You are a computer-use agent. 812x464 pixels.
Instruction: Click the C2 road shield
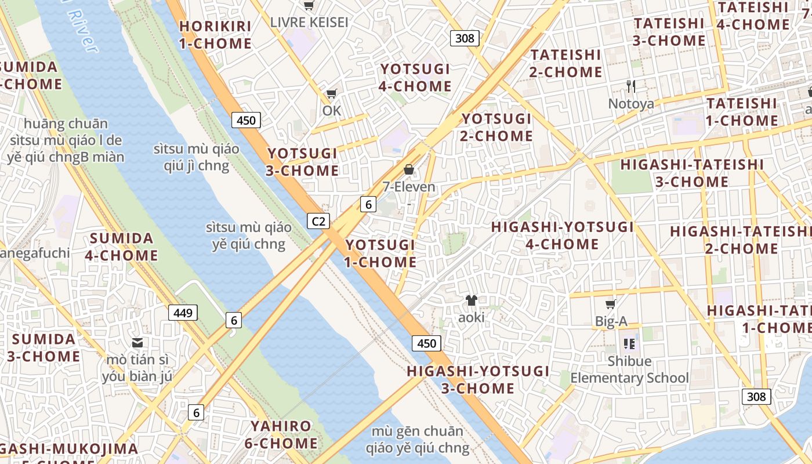point(318,221)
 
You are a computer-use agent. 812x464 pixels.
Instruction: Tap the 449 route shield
point(183,313)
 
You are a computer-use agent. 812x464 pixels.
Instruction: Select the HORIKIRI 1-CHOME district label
point(215,35)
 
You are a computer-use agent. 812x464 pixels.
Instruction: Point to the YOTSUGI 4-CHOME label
point(415,78)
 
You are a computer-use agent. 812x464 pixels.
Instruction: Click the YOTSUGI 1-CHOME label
point(380,253)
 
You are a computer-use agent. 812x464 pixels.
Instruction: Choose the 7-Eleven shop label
point(409,187)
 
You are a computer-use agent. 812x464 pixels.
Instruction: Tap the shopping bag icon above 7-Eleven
point(409,169)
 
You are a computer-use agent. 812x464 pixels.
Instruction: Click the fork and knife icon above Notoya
point(631,87)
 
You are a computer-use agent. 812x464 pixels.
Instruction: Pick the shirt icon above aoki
point(471,300)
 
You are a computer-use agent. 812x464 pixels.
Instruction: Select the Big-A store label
point(611,321)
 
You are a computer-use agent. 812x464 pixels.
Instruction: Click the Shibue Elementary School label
point(630,369)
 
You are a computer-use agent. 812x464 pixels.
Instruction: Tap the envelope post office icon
point(137,343)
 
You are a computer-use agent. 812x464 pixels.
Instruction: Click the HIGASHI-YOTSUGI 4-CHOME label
point(563,235)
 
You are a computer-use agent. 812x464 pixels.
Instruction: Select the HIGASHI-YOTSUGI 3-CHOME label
point(478,379)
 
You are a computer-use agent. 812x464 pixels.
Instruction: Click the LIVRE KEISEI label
point(309,23)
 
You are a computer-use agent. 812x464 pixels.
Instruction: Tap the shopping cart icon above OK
point(332,93)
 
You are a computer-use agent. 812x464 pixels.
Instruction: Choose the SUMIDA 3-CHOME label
point(43,347)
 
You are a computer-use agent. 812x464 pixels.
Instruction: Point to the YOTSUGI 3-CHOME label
point(302,162)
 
